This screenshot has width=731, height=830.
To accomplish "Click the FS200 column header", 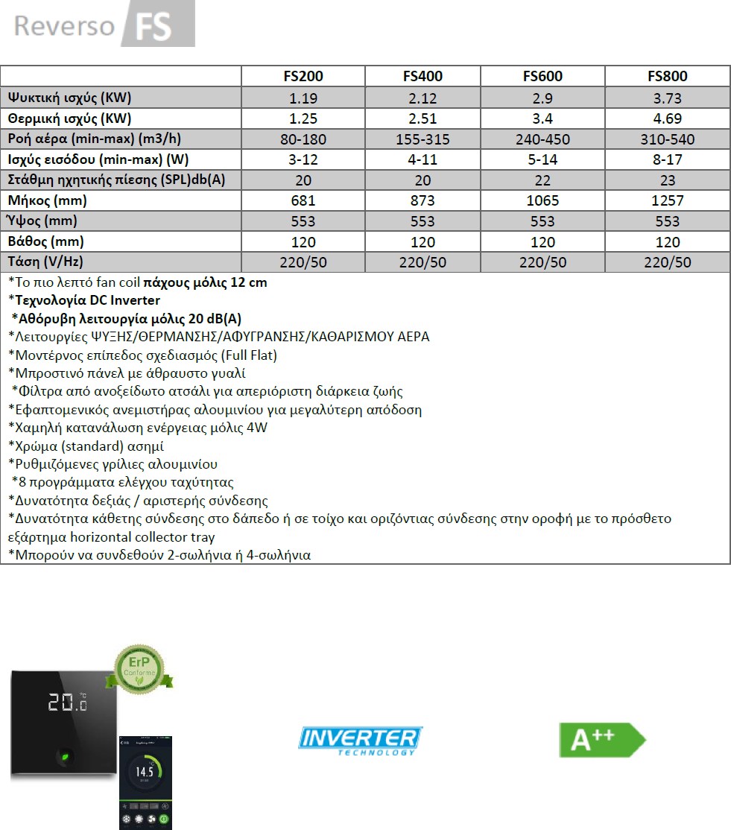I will point(303,76).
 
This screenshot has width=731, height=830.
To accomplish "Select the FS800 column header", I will point(668,76).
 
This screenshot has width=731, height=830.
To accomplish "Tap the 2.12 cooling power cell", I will point(423,98).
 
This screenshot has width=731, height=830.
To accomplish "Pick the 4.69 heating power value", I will point(668,118).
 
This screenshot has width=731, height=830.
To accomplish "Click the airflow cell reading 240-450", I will point(542,139).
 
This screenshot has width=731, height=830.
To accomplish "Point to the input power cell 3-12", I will point(303,159).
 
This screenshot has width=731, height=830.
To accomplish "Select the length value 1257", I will point(668,200).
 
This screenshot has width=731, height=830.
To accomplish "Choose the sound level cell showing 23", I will point(668,180).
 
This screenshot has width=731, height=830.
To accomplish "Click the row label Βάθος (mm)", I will point(45,241).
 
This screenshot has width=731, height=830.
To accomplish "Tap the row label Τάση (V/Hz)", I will point(44,262).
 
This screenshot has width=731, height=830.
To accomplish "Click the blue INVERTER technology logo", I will point(360,740).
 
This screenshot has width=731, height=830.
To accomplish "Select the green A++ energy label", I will point(601,740).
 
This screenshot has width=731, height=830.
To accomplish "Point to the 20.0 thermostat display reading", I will point(67,703).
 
